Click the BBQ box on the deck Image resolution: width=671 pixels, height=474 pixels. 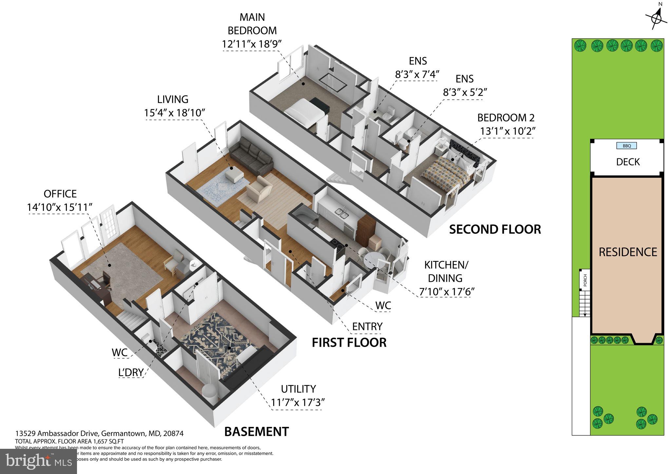point(626,146)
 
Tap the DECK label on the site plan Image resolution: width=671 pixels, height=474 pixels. point(628,162)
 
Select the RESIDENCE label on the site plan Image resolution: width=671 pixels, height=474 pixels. point(628,252)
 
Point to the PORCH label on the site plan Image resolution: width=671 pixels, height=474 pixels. point(585,280)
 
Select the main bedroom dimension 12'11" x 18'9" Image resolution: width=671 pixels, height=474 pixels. point(252,44)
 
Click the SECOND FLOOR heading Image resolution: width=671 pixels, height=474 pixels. point(495,229)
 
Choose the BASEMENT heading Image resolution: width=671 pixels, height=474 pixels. point(257,432)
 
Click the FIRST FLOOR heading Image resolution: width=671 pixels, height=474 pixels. point(349,342)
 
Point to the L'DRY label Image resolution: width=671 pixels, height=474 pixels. point(131,372)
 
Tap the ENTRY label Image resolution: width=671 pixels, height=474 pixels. point(367,326)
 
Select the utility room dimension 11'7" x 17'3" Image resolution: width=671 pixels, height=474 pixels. point(298,402)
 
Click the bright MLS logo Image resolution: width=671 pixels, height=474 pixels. point(39,461)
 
